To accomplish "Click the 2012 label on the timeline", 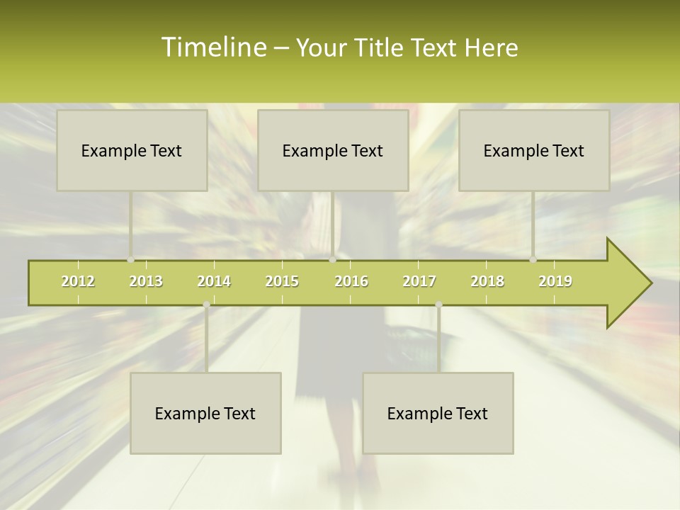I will coord(78,281).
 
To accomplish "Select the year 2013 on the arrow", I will coord(146,281).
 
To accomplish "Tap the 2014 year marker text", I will coord(214,281).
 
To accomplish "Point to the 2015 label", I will coord(282,281).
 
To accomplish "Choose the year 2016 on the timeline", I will coord(351,281).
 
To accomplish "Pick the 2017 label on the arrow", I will coord(419,281).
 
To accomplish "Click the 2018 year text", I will coord(487,281).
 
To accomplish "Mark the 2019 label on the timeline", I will coord(555,281).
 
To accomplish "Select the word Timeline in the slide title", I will coord(212,47).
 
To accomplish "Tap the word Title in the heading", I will coord(379,47).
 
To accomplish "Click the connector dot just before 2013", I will coord(130,260).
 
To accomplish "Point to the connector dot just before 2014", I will coord(206,305).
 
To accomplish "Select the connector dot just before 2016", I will coord(332,260).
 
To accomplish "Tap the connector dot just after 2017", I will coord(438,305).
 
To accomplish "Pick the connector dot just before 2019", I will coord(533,260).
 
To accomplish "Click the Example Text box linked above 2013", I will coord(132,150).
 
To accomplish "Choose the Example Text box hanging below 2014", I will coord(205,413).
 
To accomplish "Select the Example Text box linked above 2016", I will coord(333,150).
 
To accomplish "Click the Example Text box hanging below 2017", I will coord(438,413).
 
